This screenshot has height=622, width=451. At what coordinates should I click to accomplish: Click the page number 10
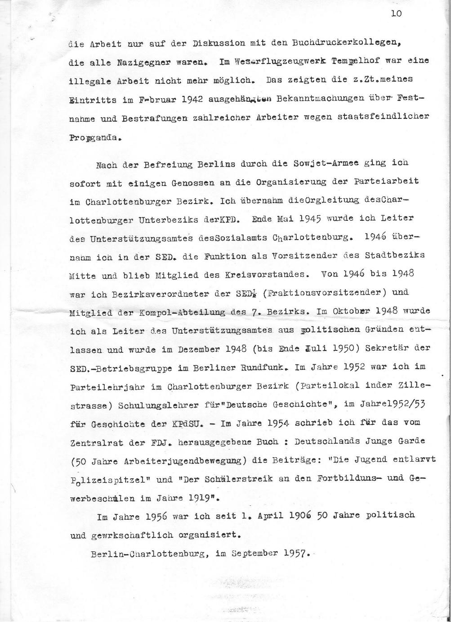396,14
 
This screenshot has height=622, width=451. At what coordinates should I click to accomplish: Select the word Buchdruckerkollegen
342,44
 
